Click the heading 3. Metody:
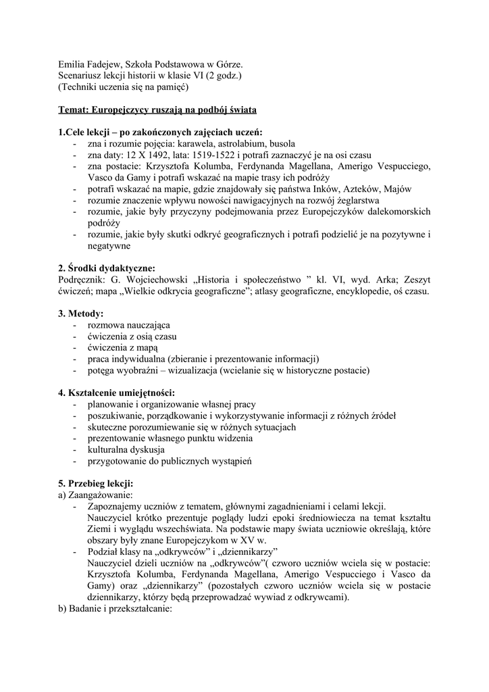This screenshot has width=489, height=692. (x=81, y=314)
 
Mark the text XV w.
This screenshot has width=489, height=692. (x=255, y=541)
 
